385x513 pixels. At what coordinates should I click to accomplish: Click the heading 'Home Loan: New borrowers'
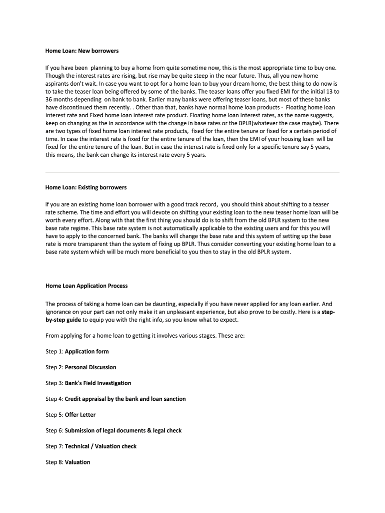82,51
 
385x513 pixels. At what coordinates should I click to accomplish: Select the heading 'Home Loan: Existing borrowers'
86,187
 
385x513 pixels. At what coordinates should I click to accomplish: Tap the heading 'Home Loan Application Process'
86,286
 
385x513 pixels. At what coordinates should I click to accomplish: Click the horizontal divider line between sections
192,172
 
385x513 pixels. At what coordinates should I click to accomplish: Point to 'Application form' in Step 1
86,352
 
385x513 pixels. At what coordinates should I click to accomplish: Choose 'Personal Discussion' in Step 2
90,367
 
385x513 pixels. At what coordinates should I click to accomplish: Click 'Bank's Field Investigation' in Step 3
98,383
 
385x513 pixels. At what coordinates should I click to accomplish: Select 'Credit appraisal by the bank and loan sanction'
125,399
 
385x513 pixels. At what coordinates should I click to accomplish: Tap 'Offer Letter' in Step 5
80,415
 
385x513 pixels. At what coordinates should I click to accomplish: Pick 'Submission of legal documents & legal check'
123,430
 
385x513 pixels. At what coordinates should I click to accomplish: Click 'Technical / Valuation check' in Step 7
100,446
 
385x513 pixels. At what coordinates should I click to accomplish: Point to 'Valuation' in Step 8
77,462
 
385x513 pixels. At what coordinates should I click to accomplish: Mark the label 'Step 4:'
54,399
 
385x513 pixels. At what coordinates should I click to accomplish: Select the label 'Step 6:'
54,430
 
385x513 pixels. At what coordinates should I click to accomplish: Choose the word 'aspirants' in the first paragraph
59,83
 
